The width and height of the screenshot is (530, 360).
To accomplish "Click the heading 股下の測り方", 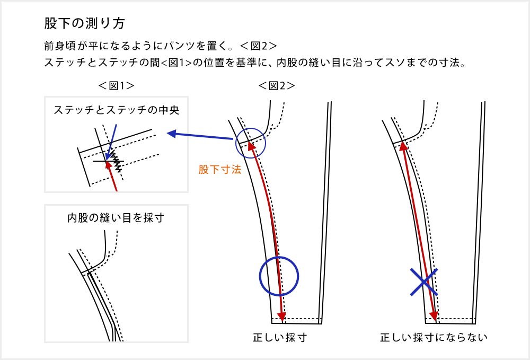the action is click(84, 23).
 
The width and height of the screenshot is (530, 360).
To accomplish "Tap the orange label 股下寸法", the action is click(220, 169).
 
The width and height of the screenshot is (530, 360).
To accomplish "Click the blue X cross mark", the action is click(424, 282).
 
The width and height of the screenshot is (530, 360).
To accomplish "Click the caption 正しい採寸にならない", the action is click(434, 337).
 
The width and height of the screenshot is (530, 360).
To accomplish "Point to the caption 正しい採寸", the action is click(280, 337).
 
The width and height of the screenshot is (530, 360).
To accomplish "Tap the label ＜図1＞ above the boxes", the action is click(116, 86).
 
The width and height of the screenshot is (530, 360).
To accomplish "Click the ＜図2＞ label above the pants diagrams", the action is click(277, 86).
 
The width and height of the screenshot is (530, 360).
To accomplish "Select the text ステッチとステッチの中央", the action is click(116, 110).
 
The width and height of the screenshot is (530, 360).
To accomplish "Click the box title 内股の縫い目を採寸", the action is click(116, 218).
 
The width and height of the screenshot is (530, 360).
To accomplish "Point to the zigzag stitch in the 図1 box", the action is click(116, 160).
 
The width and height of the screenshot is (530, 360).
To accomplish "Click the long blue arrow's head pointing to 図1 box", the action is click(172, 134).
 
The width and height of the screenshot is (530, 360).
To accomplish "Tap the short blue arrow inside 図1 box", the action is click(111, 142).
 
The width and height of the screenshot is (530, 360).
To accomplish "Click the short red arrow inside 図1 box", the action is click(112, 176).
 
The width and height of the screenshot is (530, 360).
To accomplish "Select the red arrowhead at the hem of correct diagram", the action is click(281, 316).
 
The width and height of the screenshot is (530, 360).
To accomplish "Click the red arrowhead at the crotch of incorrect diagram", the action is click(403, 146).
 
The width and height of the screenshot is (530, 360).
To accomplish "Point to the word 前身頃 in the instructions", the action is click(60, 46).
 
